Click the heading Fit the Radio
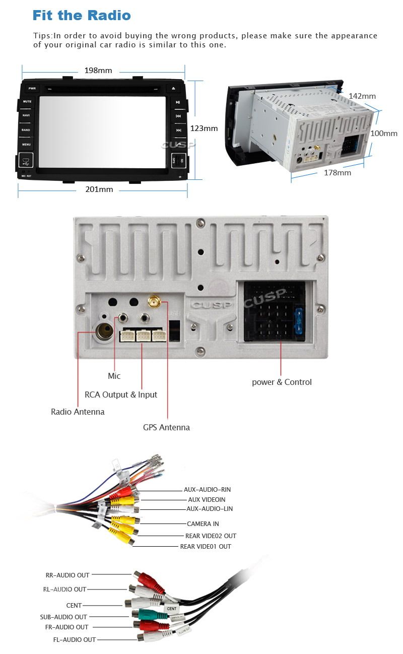click(x=82, y=15)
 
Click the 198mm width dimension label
click(x=98, y=71)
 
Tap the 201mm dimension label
click(x=99, y=189)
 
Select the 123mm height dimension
click(x=204, y=128)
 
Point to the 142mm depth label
click(x=362, y=96)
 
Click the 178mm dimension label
click(x=337, y=172)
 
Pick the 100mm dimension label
click(x=384, y=134)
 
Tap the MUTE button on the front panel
click(x=26, y=101)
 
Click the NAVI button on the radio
click(x=26, y=115)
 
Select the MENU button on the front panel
click(x=26, y=145)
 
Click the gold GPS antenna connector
click(x=154, y=303)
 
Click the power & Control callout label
click(x=282, y=382)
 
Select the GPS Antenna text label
click(x=166, y=427)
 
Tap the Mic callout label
click(x=114, y=376)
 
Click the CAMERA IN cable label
click(x=203, y=524)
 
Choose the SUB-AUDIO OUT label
click(x=63, y=617)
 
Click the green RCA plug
click(x=146, y=614)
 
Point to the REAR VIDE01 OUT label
click(x=206, y=547)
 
